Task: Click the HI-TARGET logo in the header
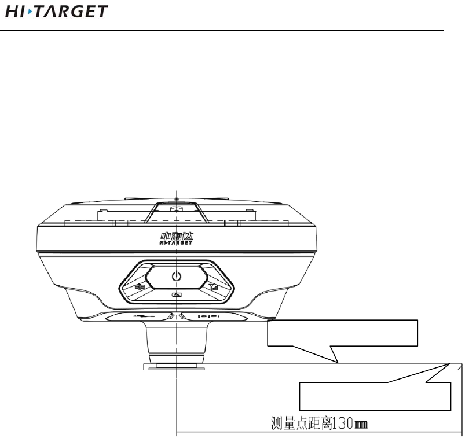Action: (56, 11)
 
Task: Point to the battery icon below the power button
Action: (175, 295)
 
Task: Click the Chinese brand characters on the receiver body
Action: (175, 237)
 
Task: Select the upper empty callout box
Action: (342, 332)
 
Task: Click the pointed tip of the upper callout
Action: (338, 363)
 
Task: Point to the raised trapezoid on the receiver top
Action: (176, 211)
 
